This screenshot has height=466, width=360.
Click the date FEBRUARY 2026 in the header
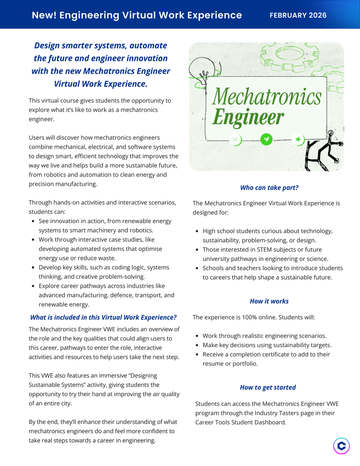point(298,16)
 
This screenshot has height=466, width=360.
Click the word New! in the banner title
point(43,15)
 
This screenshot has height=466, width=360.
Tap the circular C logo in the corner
point(341,446)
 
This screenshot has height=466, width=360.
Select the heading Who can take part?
point(269,188)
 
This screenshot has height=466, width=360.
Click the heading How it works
point(269,301)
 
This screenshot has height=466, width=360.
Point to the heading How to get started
point(268,387)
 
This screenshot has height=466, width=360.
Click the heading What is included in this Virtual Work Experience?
point(103,317)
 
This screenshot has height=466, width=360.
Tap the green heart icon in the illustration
point(266,139)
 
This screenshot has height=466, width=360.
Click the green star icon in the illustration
point(298,139)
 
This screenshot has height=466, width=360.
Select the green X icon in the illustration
point(235,139)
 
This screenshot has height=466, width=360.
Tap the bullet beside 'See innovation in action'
point(33,221)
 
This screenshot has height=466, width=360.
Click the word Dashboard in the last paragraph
point(271,422)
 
